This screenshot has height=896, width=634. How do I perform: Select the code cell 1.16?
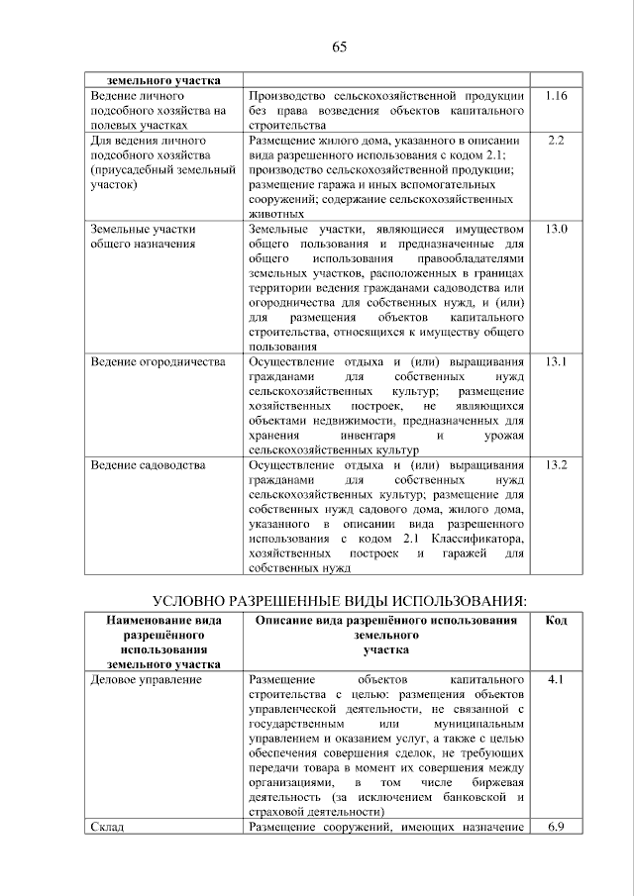click(x=555, y=96)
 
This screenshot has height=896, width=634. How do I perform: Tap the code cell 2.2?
click(x=555, y=141)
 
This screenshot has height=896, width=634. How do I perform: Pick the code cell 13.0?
click(x=555, y=230)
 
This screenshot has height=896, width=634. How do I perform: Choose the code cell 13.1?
click(x=555, y=362)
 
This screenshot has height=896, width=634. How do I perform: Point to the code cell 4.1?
click(x=555, y=681)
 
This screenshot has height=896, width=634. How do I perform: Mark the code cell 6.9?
click(x=555, y=828)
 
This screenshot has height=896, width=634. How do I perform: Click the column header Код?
click(x=555, y=620)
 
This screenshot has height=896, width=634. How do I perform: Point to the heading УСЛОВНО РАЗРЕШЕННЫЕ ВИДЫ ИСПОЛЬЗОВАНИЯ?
click(x=338, y=601)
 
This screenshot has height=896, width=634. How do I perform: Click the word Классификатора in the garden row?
click(x=474, y=538)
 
